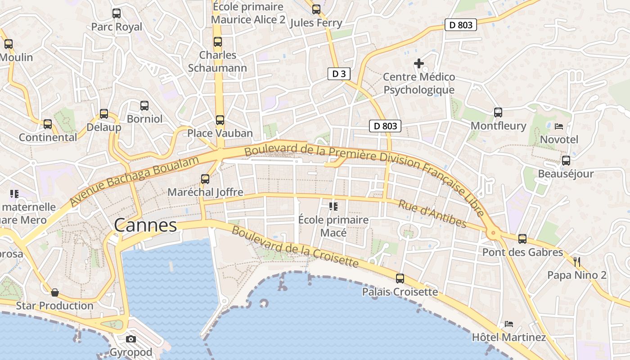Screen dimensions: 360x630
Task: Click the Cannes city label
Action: coord(145,225)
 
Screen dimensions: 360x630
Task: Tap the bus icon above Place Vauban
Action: coord(220,120)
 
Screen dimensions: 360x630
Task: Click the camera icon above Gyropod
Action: coord(131,339)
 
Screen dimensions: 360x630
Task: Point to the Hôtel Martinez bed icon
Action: coord(509,324)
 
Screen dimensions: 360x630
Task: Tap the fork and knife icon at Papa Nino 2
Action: coord(577,261)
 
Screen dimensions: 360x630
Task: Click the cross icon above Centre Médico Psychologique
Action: coord(419,63)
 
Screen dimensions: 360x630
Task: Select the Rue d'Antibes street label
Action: coord(432,214)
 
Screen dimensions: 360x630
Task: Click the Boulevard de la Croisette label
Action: coord(295,247)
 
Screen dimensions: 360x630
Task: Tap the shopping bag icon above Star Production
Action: coord(55,292)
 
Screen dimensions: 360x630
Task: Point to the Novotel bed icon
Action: coord(559,126)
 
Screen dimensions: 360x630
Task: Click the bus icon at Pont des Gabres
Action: coord(522,239)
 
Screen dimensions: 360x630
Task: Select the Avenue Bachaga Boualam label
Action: coord(134,181)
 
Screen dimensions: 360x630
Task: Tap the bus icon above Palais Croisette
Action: coord(400,279)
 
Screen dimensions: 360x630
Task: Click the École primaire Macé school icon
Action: coord(333,207)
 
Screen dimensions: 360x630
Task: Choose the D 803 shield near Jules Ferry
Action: coord(461,25)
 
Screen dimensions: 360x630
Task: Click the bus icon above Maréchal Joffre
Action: coord(205,179)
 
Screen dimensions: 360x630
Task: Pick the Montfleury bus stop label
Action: coord(498,126)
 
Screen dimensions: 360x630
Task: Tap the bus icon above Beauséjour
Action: coord(566,161)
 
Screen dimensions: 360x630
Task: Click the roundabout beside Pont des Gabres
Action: coord(493,233)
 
